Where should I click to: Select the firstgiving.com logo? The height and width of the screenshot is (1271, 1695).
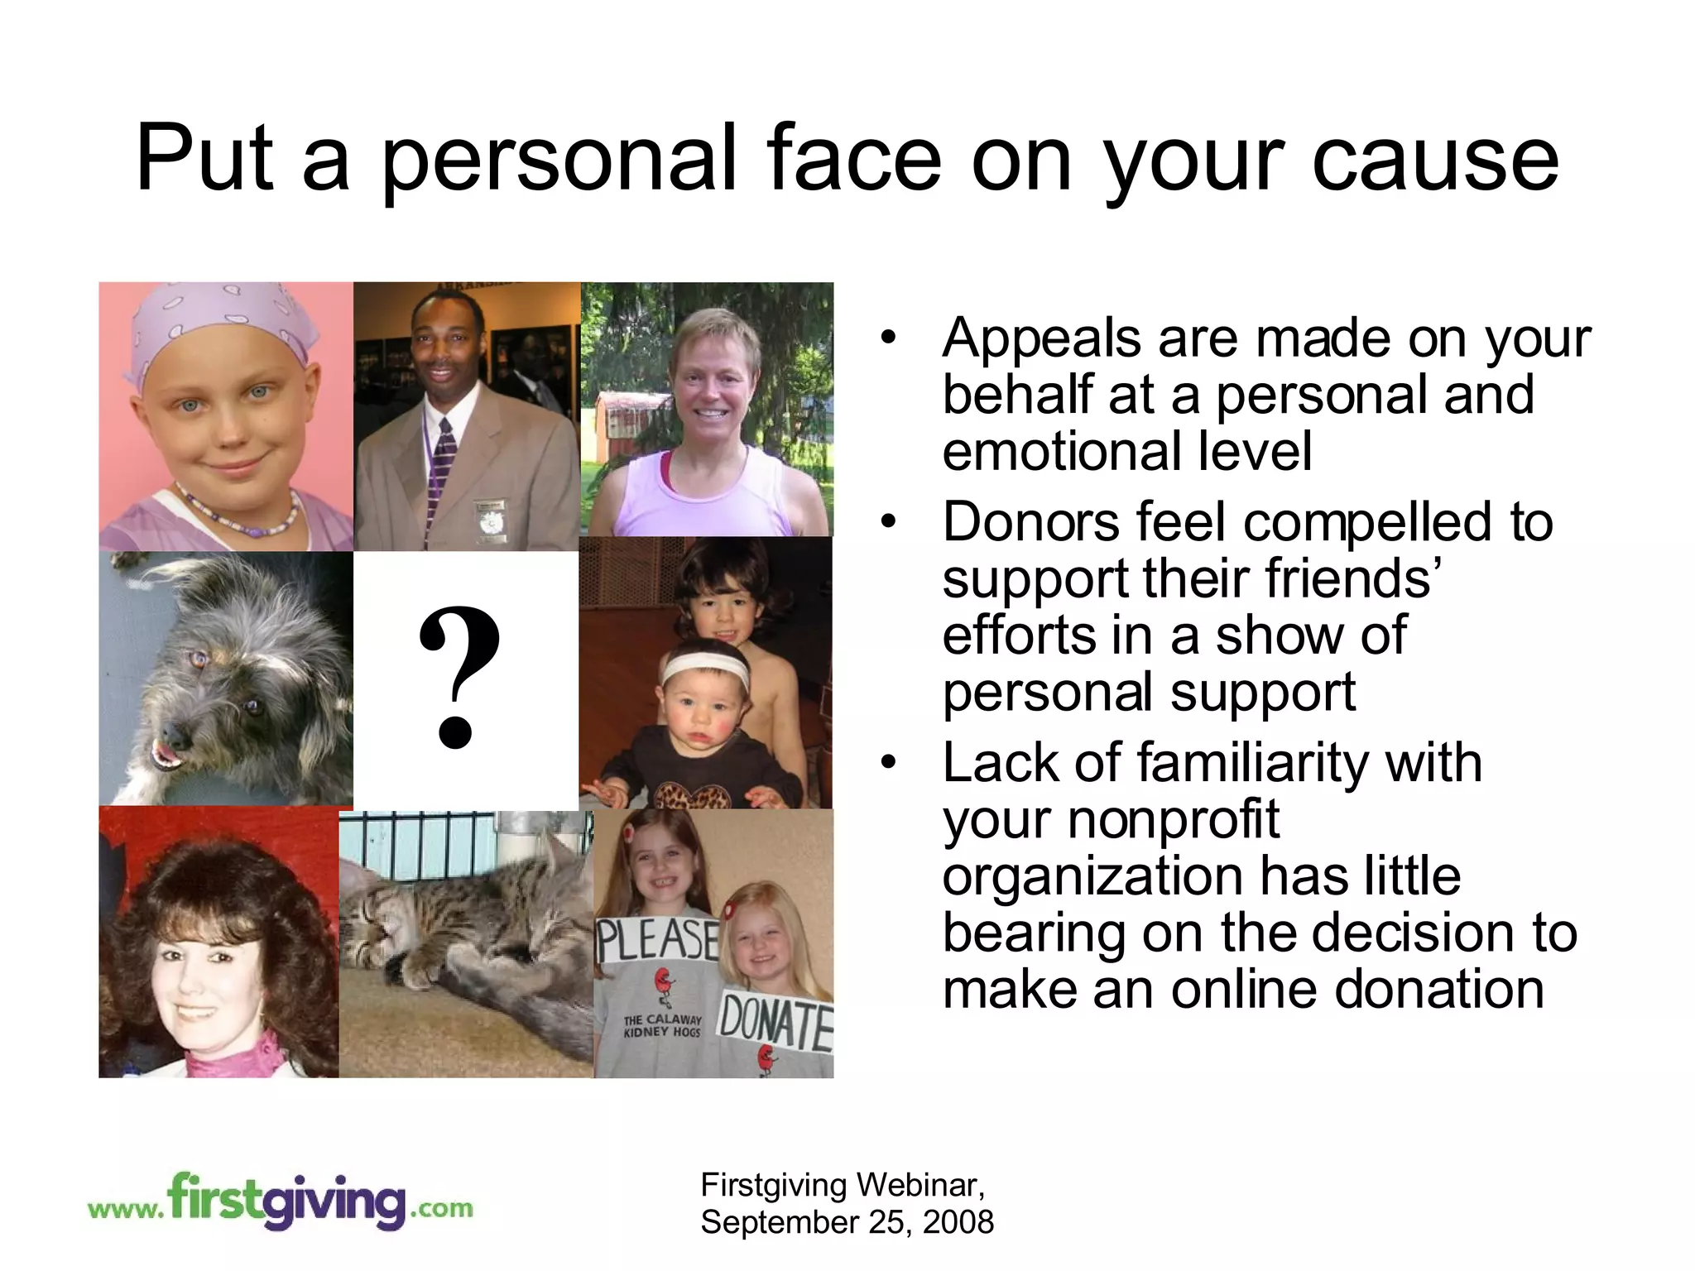pos(281,1201)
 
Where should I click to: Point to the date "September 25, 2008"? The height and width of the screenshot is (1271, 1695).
pos(847,1222)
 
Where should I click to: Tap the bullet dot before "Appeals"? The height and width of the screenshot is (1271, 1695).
pos(889,338)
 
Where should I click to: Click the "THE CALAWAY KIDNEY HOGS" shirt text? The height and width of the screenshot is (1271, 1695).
pos(661,1025)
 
